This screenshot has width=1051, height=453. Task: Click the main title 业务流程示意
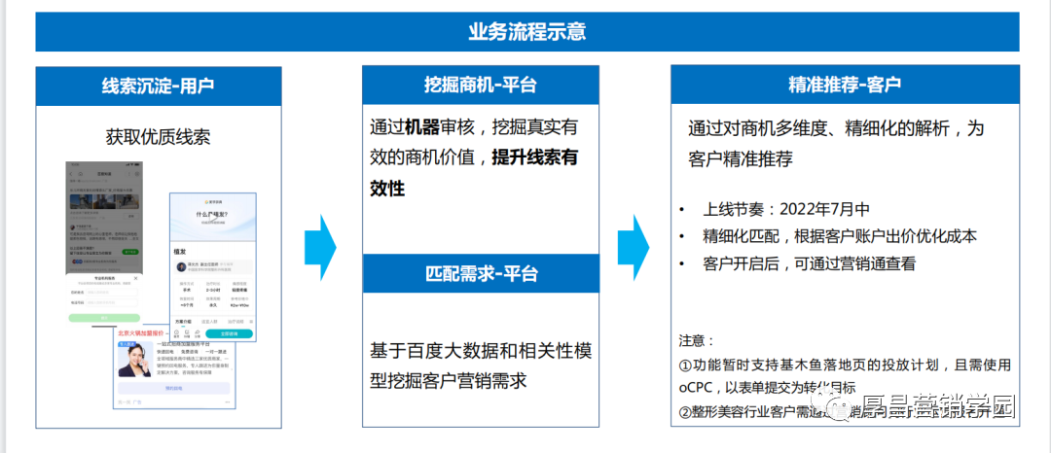(526, 31)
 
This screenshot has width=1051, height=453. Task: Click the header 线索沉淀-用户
(158, 86)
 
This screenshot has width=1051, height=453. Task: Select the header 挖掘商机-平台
(481, 85)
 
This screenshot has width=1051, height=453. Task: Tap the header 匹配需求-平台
(481, 273)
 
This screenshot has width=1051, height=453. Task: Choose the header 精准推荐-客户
(845, 85)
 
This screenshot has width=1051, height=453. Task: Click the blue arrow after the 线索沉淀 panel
(321, 248)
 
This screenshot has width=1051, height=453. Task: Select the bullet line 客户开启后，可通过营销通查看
(809, 263)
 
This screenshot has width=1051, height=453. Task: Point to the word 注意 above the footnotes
(694, 340)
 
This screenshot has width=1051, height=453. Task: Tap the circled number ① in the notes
(685, 366)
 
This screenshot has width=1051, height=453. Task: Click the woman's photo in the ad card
(134, 362)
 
